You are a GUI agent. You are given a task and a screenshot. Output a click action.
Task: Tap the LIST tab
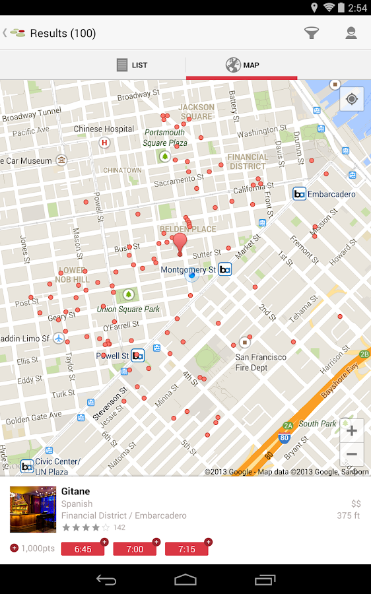[x=132, y=65]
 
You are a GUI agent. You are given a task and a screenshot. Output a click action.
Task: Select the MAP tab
[x=242, y=65]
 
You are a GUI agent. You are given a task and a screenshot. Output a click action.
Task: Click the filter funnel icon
[x=312, y=33]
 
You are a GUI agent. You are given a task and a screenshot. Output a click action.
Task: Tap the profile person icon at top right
[x=351, y=33]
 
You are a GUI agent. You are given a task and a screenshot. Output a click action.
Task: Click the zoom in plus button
[x=352, y=431]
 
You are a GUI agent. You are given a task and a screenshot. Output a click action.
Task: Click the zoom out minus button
[x=352, y=454]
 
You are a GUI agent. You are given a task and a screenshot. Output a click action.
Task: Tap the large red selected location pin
[x=180, y=242]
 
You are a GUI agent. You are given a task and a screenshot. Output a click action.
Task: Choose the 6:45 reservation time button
[x=83, y=549]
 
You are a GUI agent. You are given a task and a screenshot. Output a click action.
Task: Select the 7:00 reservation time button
[x=135, y=549]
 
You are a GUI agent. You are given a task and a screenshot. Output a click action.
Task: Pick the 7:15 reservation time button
[x=186, y=549]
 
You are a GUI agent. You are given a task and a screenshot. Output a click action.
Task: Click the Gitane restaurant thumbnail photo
[x=33, y=510]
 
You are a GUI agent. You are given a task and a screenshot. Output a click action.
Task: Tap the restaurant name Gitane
[x=75, y=491]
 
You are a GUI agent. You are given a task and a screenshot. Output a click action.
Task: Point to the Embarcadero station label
[x=330, y=194]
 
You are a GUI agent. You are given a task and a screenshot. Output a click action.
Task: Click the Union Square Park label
[x=129, y=309]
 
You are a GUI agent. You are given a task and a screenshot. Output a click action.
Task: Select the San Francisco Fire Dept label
[x=261, y=362]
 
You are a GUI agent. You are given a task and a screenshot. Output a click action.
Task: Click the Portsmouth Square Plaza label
[x=165, y=137]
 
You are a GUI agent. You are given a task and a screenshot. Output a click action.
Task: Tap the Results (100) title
[x=63, y=33]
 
